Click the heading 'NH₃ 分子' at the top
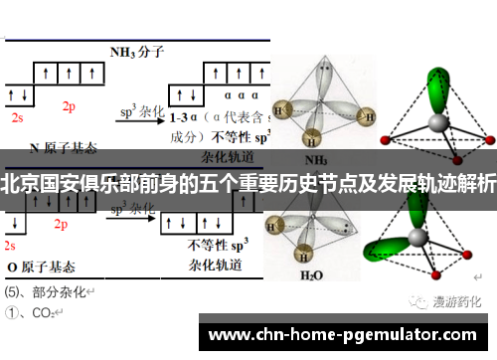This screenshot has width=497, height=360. (136, 52)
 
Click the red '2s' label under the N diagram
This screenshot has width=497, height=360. (17, 116)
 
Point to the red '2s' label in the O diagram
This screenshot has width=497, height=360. (11, 245)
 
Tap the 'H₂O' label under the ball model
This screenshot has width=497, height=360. (313, 275)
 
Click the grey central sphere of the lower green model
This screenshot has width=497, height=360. (423, 242)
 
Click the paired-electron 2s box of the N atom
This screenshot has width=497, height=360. (18, 96)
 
